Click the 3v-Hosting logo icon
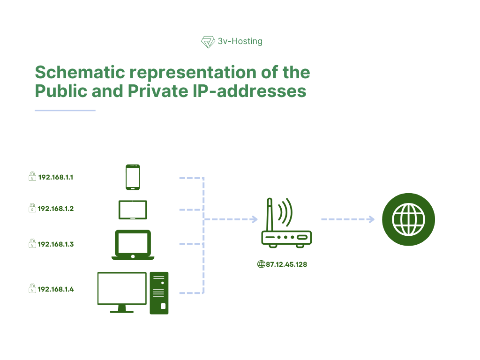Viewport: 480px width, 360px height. (x=208, y=42)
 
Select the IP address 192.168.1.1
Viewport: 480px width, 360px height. (x=56, y=178)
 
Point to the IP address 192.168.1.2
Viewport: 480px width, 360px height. (x=56, y=209)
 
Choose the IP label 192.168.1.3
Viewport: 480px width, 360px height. (x=56, y=244)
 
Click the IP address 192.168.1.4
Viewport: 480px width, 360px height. (x=56, y=289)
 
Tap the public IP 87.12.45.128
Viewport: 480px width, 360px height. (x=286, y=264)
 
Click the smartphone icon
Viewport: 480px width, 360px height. (x=133, y=177)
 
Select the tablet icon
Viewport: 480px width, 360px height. (x=133, y=210)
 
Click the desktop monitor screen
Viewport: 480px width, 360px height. (x=122, y=288)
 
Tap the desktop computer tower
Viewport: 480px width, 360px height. (x=159, y=293)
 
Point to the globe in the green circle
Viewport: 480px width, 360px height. (x=409, y=219)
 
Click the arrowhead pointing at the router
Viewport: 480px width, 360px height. (x=255, y=219)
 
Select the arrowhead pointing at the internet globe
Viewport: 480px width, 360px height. (x=371, y=219)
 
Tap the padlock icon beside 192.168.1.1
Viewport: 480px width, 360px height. (x=32, y=177)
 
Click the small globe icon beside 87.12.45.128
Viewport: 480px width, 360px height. (x=261, y=264)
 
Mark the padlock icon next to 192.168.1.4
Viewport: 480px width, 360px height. (x=32, y=289)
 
